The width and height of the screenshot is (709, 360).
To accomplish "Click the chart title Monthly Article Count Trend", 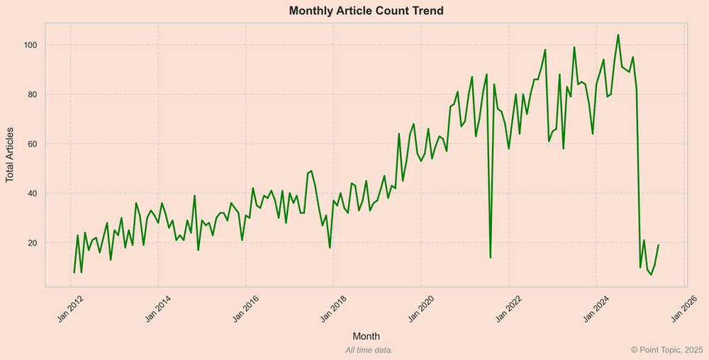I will coord(366,11).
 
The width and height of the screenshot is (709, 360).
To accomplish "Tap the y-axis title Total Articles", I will coord(10,155).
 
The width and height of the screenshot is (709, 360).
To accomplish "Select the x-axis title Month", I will coord(366,335).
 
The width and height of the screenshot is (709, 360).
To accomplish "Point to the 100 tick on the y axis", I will coord(30,45).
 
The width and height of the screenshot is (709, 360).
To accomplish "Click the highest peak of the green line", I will coord(618,35).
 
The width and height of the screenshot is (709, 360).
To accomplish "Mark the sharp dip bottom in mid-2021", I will coord(491,257).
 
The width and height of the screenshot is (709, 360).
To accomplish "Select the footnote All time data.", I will coord(369,350).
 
